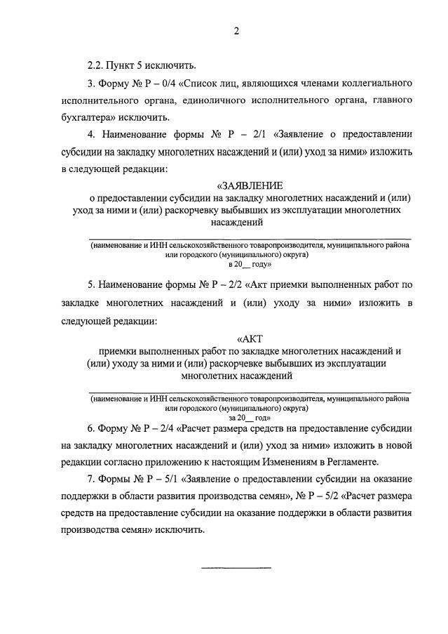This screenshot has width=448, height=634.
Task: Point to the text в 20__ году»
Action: click(x=248, y=265)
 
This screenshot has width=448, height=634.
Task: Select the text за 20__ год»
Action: click(x=250, y=416)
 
